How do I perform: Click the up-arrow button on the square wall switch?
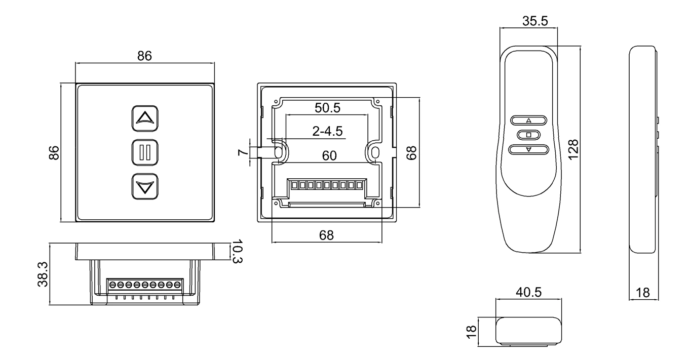click(145, 118)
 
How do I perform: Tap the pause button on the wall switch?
click(145, 152)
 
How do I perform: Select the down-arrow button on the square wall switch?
click(145, 187)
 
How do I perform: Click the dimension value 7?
click(243, 152)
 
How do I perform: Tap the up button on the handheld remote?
click(529, 121)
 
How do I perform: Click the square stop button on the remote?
click(528, 135)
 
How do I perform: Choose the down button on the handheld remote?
click(529, 149)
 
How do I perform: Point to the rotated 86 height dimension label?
click(54, 152)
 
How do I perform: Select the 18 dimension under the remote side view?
click(644, 292)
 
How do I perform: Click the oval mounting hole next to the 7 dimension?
click(278, 151)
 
